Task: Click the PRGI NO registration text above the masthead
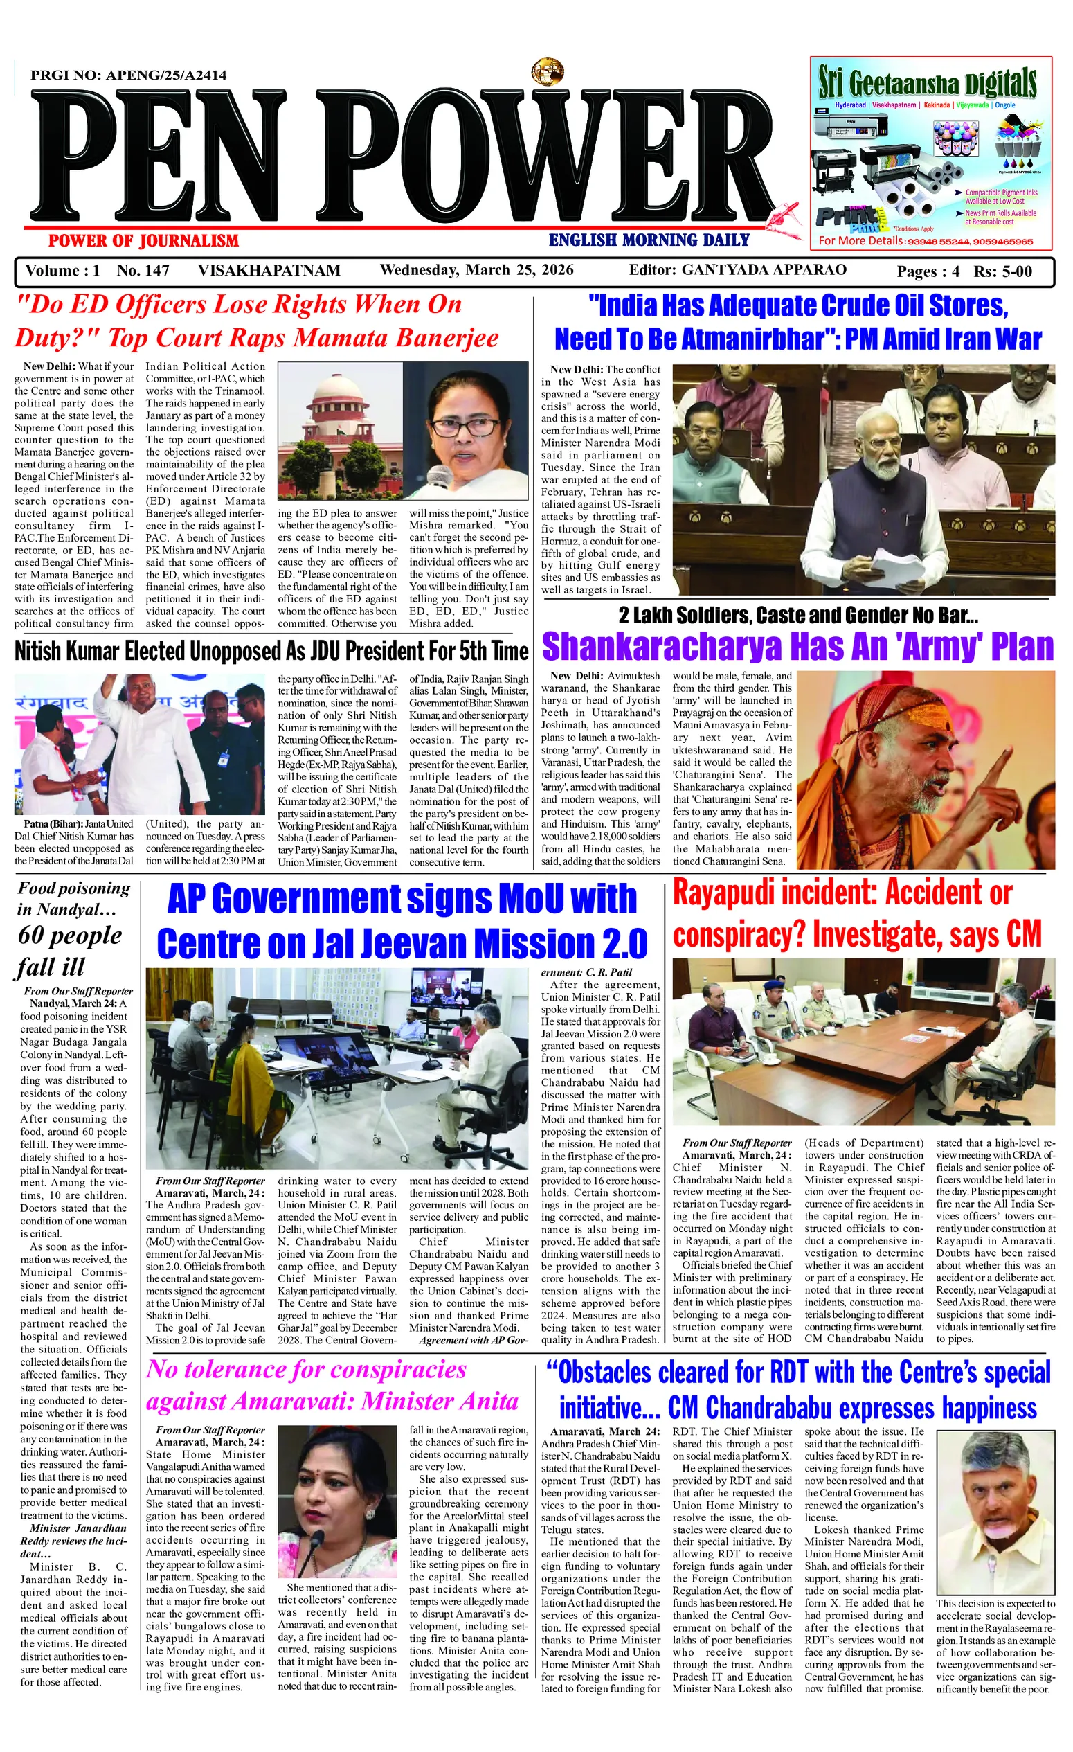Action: (x=129, y=75)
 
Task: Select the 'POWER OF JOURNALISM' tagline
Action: (x=143, y=241)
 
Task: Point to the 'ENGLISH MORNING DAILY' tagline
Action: (x=649, y=240)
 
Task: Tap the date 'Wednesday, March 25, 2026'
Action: (x=476, y=270)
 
